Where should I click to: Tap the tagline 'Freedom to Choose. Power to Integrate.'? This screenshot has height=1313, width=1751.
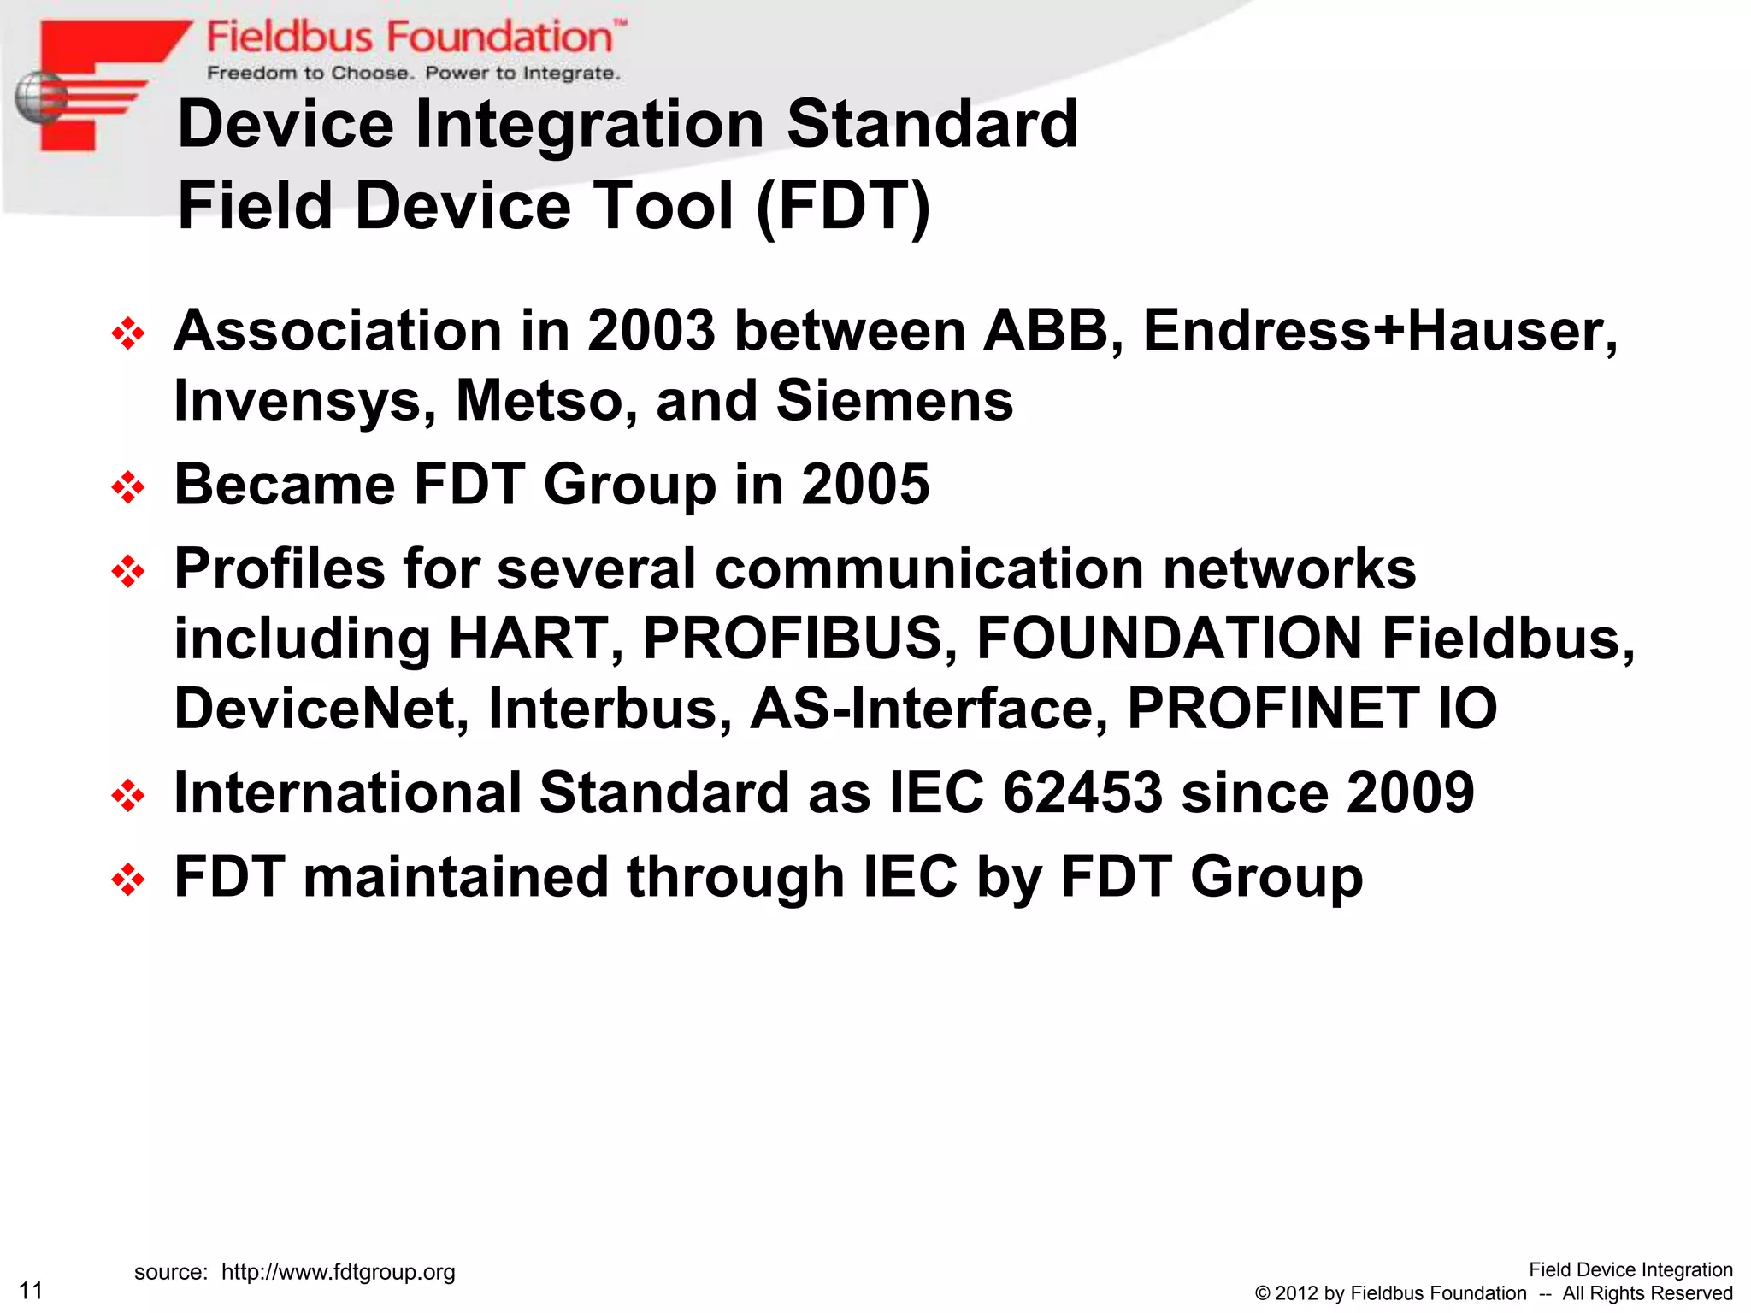(413, 74)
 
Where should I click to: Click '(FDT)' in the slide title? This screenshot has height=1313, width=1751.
(843, 207)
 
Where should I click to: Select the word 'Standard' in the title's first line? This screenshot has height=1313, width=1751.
(932, 125)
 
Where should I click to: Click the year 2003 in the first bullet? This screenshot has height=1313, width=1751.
(651, 332)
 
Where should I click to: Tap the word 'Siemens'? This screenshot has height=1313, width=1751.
(894, 401)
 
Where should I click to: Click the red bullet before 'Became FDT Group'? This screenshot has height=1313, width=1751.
(128, 488)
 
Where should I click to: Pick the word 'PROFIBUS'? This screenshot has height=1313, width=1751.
(792, 639)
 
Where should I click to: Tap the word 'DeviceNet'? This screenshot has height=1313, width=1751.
(318, 709)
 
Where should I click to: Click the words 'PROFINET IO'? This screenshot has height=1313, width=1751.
(1312, 709)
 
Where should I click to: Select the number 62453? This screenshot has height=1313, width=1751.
(1082, 792)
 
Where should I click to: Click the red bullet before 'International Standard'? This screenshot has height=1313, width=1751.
(128, 797)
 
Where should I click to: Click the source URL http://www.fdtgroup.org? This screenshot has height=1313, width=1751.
(338, 1272)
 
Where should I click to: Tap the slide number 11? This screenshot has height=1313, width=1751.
(31, 1290)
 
